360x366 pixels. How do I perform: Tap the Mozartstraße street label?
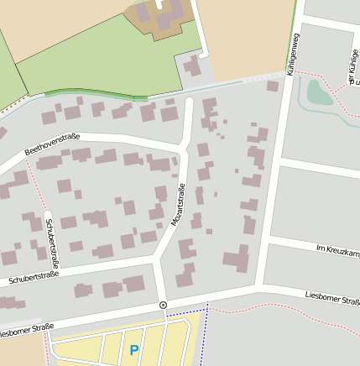(179, 204)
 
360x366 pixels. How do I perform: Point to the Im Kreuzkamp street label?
(337, 248)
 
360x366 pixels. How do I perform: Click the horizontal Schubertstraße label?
(34, 275)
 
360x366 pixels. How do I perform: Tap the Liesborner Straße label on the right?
(332, 297)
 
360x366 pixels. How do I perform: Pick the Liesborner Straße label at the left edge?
(25, 329)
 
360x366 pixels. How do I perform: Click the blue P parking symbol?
(133, 349)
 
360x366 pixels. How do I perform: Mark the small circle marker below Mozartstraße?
(163, 305)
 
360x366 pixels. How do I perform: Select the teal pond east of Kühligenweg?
(319, 91)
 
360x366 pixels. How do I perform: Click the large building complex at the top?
(159, 16)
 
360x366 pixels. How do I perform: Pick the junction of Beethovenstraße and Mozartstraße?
(180, 150)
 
